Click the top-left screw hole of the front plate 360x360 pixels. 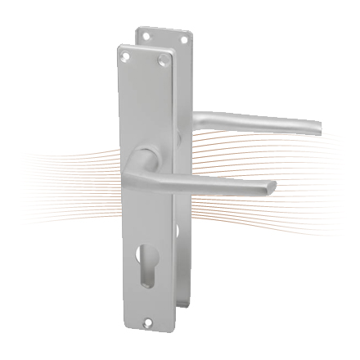[x=125, y=56]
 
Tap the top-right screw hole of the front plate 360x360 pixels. [x=163, y=61]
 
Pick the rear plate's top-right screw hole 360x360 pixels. [x=183, y=39]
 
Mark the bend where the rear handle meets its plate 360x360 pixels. [x=199, y=115]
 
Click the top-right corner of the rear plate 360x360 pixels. [x=194, y=31]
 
